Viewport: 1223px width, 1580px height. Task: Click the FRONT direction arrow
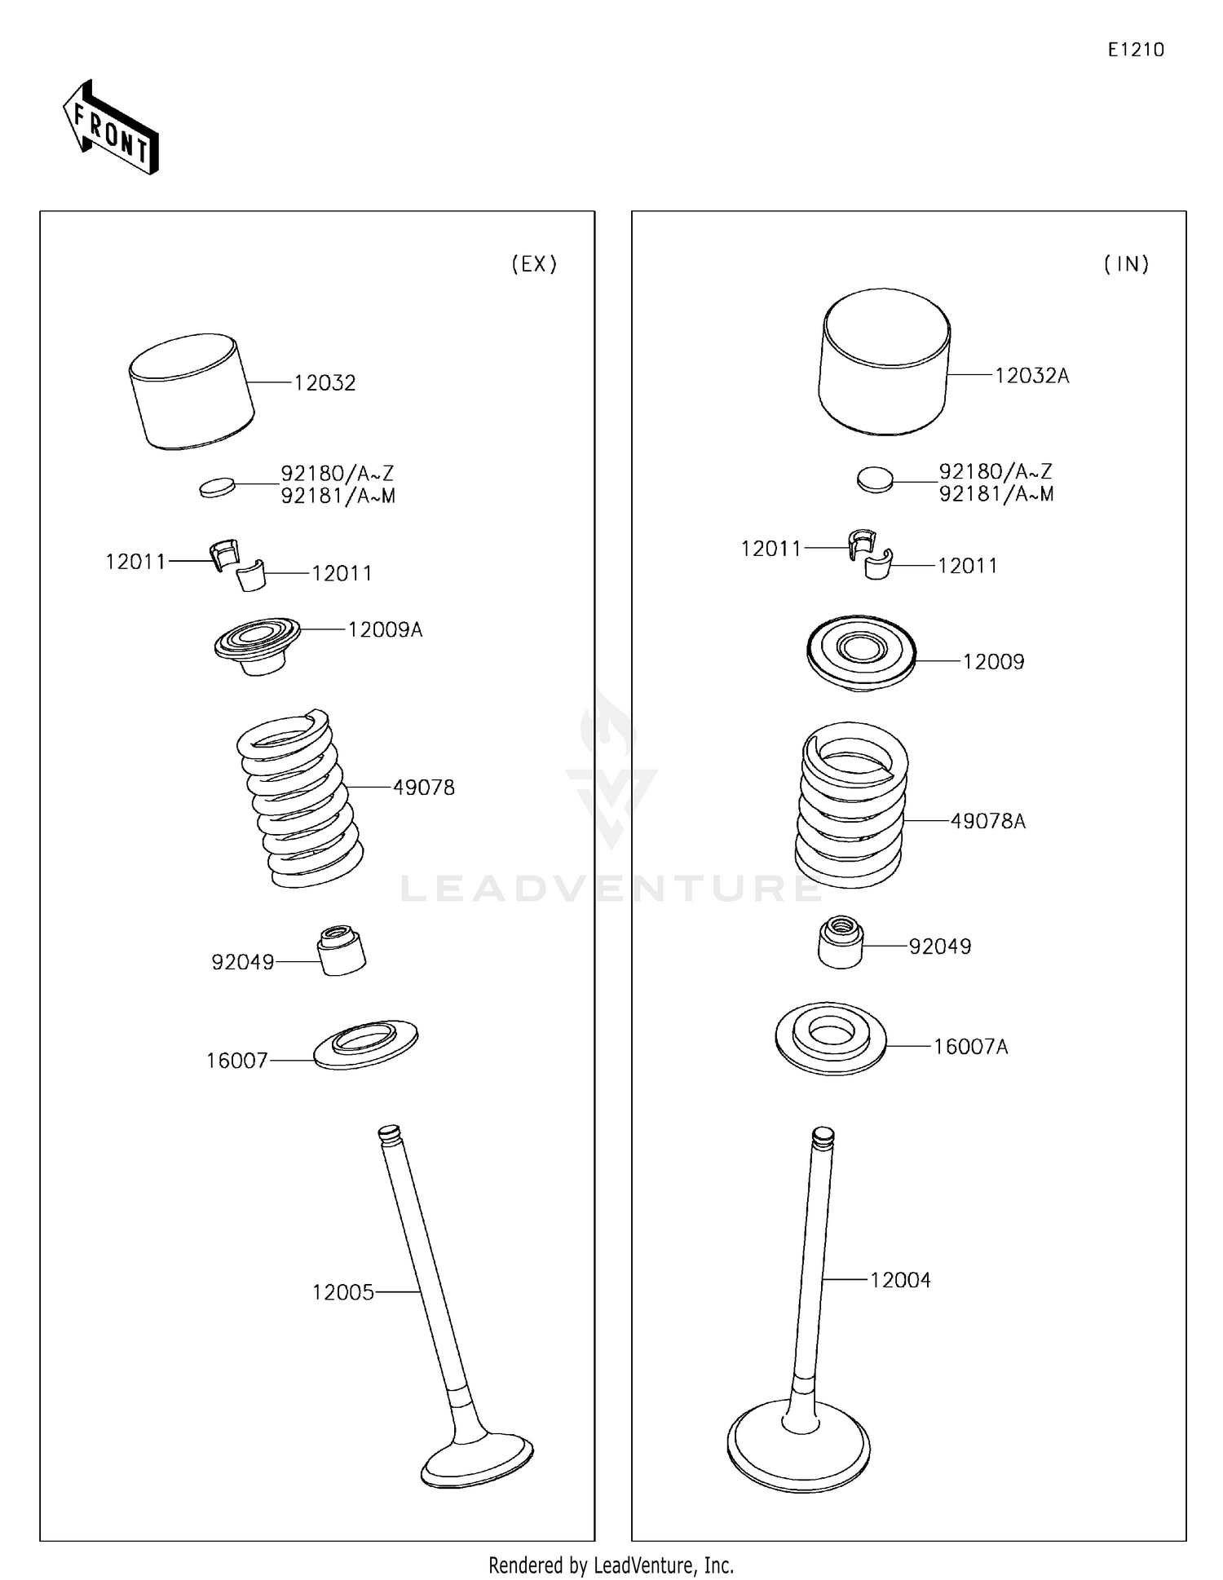pyautogui.click(x=111, y=127)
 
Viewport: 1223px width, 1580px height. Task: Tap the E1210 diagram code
pyautogui.click(x=1136, y=50)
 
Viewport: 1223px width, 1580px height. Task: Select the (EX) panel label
pyautogui.click(x=534, y=264)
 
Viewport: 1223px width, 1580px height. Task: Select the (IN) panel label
pyautogui.click(x=1127, y=264)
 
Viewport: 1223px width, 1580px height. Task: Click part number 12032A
pyautogui.click(x=1032, y=376)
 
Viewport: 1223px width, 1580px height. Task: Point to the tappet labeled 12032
pyautogui.click(x=192, y=391)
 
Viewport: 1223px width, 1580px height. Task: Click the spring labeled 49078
pyautogui.click(x=300, y=799)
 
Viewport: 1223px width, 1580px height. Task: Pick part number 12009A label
pyautogui.click(x=385, y=630)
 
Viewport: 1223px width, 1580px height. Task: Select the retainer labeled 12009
pyautogui.click(x=861, y=653)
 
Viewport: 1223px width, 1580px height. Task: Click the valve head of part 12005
pyautogui.click(x=478, y=1459)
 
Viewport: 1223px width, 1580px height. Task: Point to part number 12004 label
pyautogui.click(x=900, y=1281)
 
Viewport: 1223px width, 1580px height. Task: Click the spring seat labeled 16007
pyautogui.click(x=366, y=1044)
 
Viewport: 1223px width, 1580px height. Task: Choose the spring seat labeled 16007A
pyautogui.click(x=830, y=1038)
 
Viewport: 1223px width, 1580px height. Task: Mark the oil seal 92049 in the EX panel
pyautogui.click(x=341, y=950)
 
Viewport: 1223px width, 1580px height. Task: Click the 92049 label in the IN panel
pyautogui.click(x=940, y=947)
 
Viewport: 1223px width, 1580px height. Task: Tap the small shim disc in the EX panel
pyautogui.click(x=217, y=488)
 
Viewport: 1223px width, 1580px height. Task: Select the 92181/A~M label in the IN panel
pyautogui.click(x=996, y=494)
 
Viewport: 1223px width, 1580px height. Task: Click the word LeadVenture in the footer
pyautogui.click(x=645, y=1565)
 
